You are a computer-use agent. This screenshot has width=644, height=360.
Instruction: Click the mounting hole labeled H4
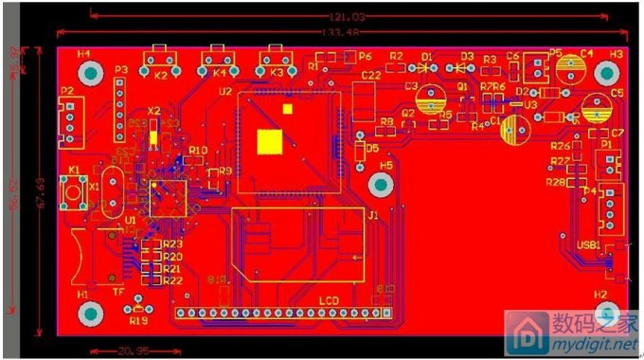(x=91, y=73)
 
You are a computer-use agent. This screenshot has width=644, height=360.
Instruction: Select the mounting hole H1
(x=91, y=313)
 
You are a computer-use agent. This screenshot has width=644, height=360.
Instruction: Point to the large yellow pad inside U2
(x=271, y=141)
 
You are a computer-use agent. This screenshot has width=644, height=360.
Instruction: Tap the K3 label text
(x=277, y=73)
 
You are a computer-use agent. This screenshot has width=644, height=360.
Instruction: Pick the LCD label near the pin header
(x=328, y=300)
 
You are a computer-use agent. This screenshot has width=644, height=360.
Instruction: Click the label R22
(x=172, y=280)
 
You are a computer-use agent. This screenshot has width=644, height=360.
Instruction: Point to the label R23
(x=172, y=244)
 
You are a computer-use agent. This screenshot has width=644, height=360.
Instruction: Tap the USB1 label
(x=589, y=244)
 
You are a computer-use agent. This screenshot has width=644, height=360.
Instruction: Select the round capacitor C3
(x=433, y=99)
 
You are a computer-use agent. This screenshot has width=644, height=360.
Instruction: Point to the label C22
(x=371, y=75)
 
